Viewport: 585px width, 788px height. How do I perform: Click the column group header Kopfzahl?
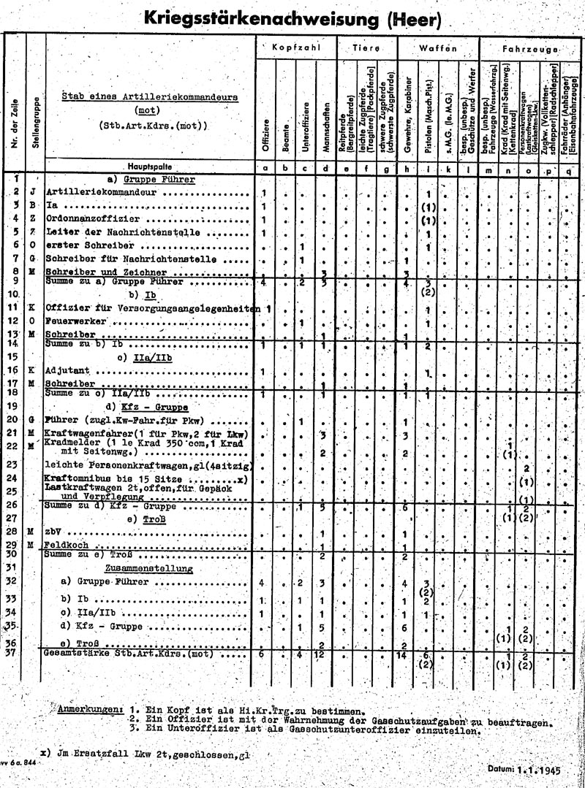[x=296, y=47]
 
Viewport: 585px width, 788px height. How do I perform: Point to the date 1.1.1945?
[x=538, y=768]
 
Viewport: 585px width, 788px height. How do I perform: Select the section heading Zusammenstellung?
[x=148, y=568]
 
